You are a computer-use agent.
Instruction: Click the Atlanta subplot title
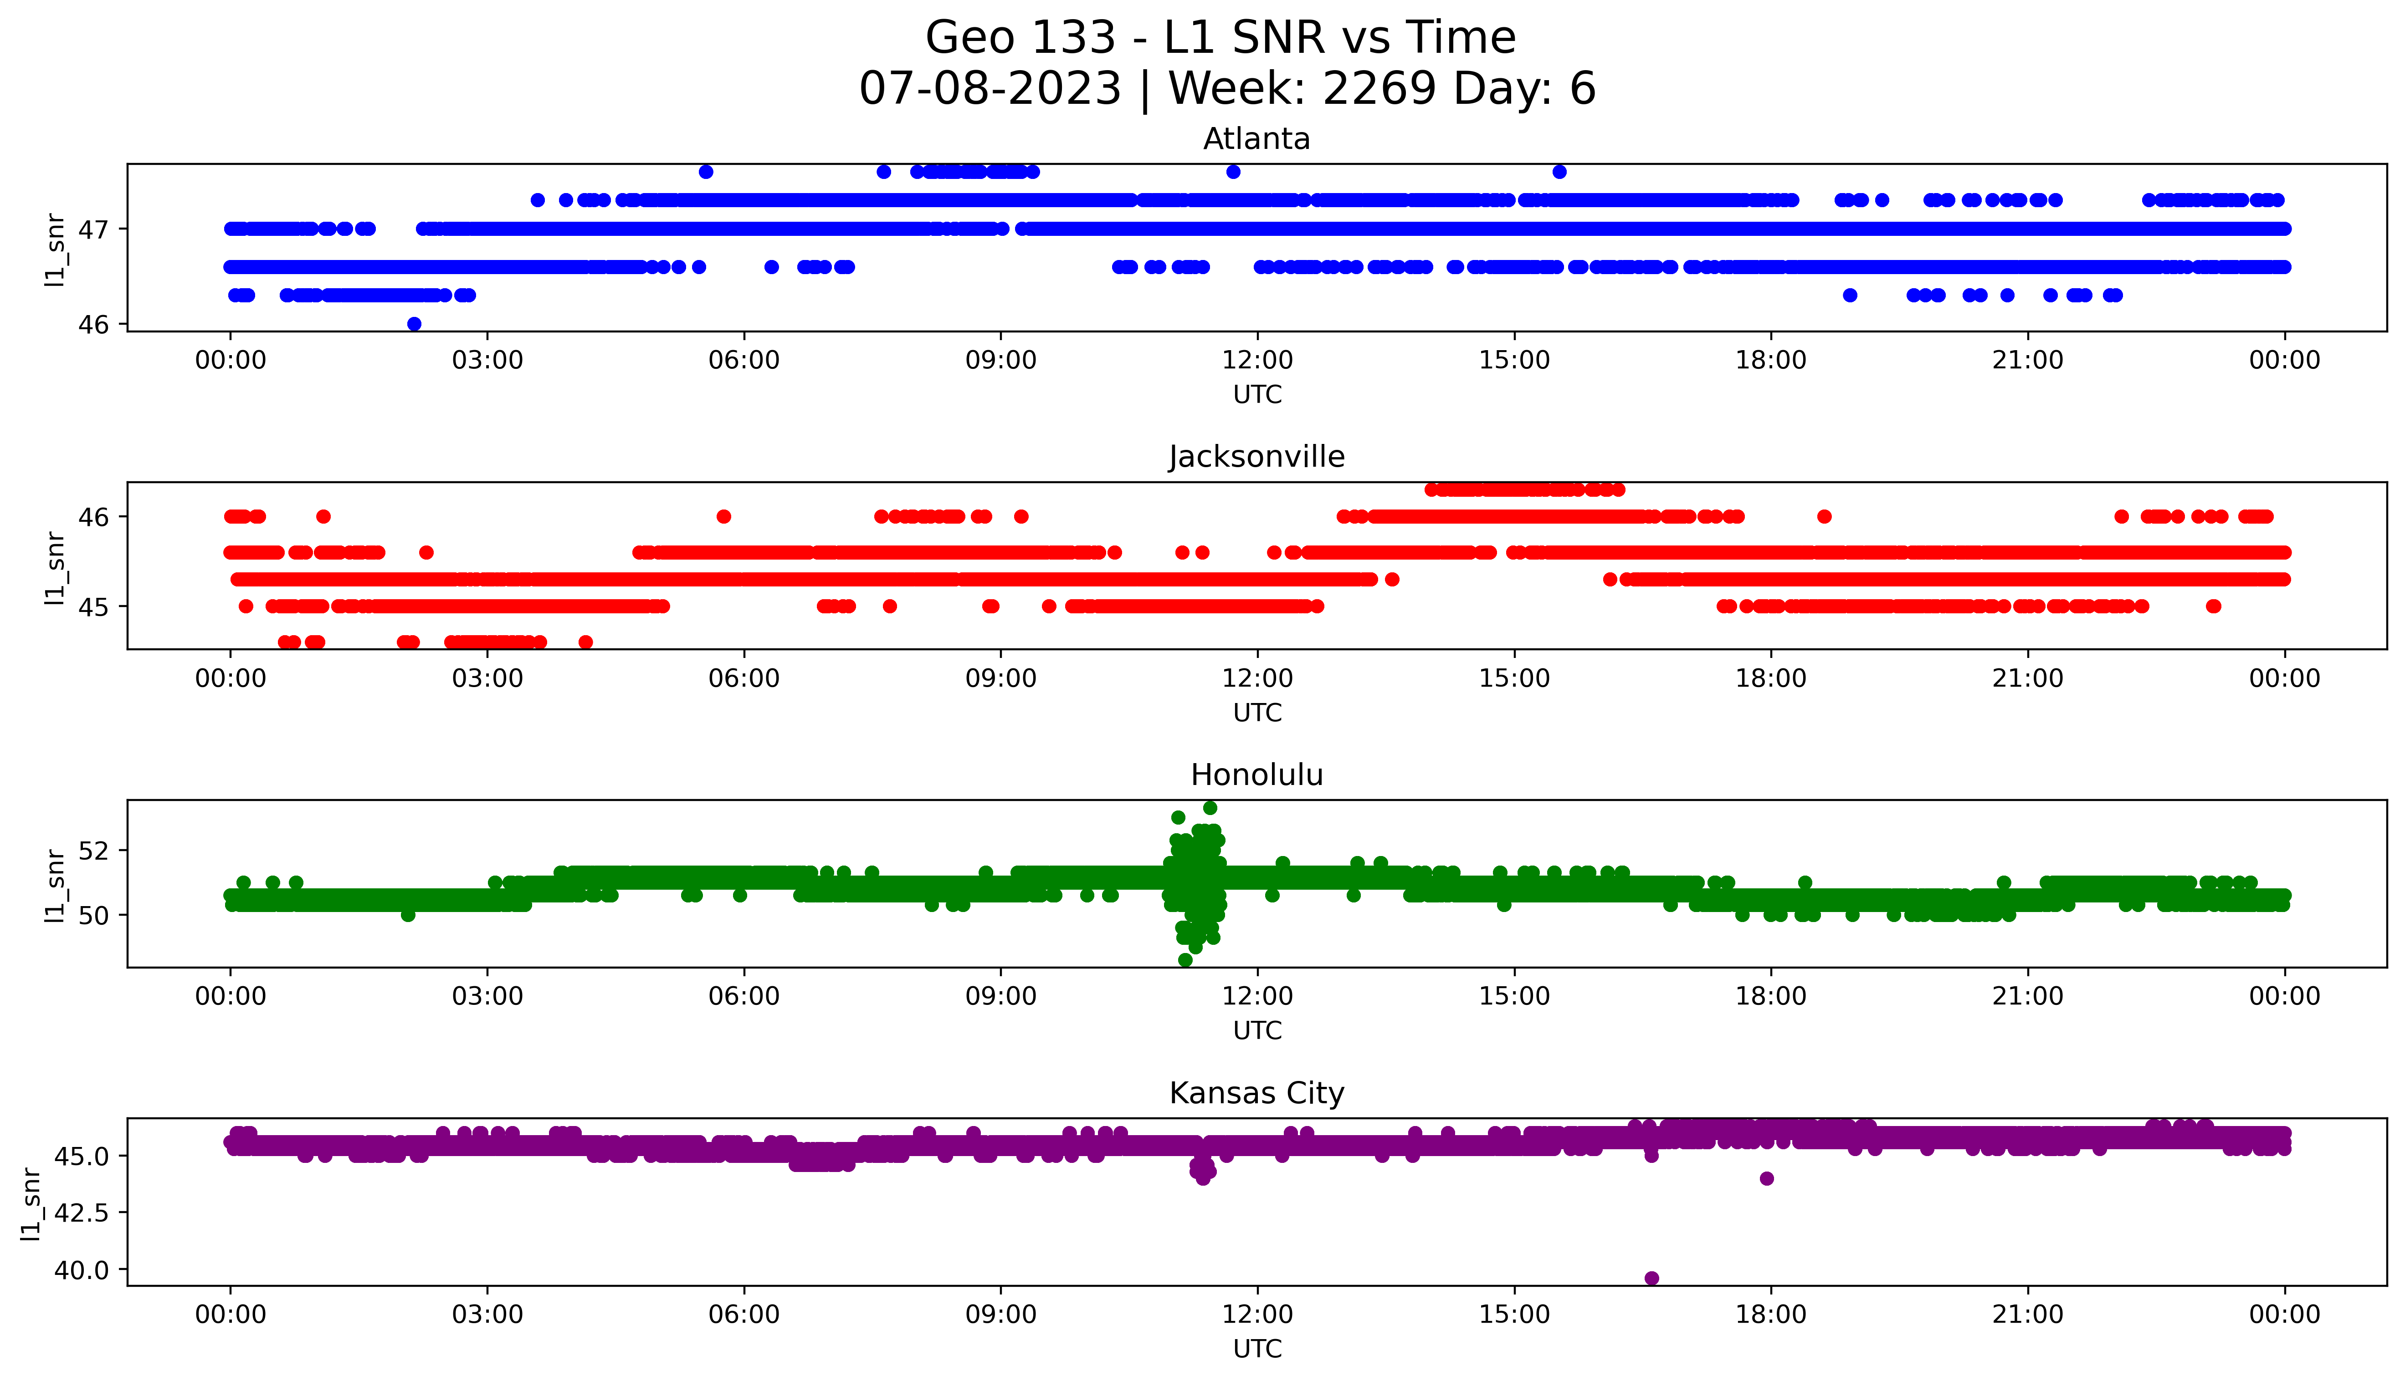coord(1256,139)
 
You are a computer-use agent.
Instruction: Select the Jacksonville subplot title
coord(1256,457)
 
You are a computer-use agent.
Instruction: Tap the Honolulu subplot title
coord(1256,775)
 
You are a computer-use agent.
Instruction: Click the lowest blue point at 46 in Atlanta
coord(414,323)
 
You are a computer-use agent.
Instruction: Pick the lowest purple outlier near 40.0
coord(1651,1278)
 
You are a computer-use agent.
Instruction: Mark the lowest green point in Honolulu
coord(1185,960)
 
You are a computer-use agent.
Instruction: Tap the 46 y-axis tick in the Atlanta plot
coord(95,324)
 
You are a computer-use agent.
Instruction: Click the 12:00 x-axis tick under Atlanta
coord(1257,361)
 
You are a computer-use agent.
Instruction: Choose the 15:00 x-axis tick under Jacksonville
coord(1514,678)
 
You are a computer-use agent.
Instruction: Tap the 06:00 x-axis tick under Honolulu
coord(744,996)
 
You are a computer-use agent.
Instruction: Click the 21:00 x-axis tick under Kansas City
coord(2027,1315)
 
